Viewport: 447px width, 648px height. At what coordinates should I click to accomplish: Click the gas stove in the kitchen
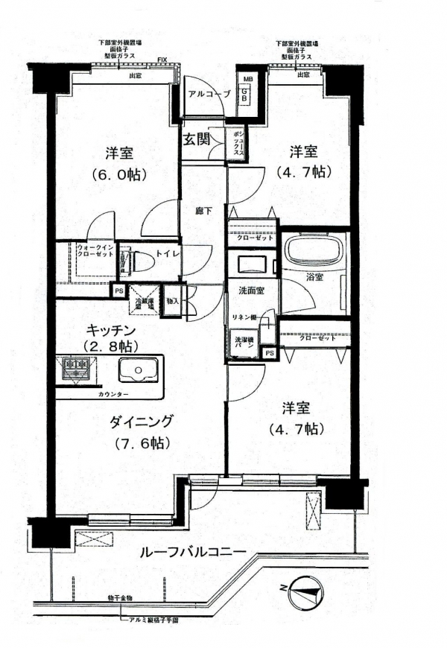pos(77,367)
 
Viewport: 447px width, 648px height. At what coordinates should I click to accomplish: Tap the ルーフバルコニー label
pos(193,552)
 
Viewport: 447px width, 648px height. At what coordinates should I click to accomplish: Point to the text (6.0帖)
pos(118,174)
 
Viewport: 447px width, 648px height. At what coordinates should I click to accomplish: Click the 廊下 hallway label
pos(203,211)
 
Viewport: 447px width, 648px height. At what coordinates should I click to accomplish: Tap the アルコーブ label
pos(209,95)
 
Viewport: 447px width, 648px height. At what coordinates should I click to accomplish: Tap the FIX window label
pos(162,59)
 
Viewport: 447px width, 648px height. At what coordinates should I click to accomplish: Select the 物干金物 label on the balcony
pos(118,598)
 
